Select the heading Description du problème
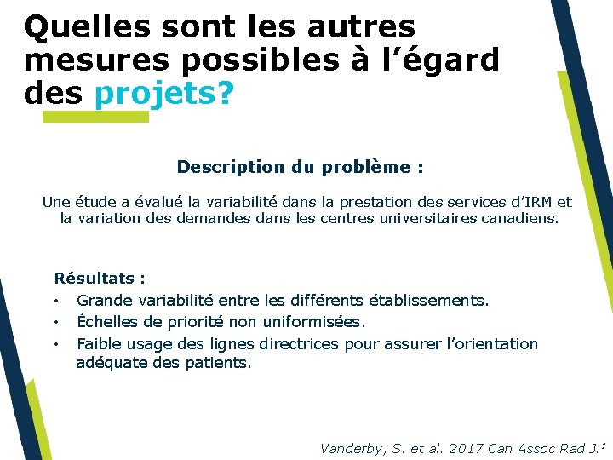click(x=300, y=167)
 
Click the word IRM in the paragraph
click(x=536, y=202)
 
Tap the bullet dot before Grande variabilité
click(x=56, y=301)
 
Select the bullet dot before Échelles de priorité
click(x=56, y=322)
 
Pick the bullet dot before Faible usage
click(x=56, y=344)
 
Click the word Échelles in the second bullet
click(x=105, y=321)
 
